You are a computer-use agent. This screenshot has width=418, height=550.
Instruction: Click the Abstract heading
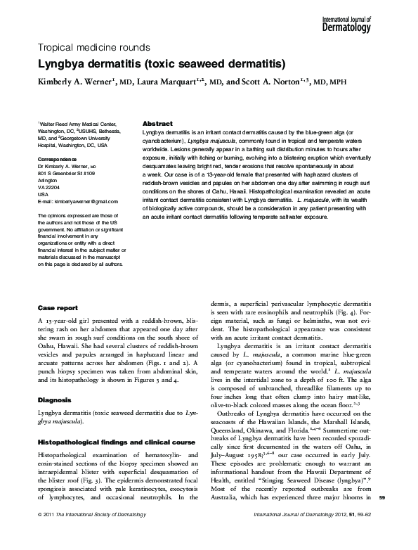coord(157,122)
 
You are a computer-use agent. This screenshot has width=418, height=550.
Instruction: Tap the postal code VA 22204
coord(50,187)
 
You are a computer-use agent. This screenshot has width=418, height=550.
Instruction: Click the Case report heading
coord(58,308)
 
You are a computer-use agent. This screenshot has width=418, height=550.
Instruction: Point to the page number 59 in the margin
coord(402,518)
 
